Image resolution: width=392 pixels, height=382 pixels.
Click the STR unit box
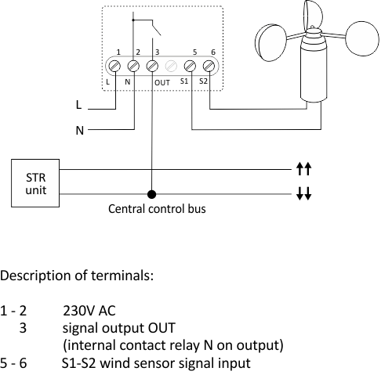click(x=35, y=183)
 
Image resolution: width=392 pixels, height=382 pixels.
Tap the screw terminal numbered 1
click(x=114, y=66)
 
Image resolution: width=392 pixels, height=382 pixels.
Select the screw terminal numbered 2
click(x=133, y=66)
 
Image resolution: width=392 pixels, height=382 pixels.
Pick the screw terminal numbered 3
click(x=152, y=66)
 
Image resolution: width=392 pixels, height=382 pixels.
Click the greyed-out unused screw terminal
click(x=171, y=66)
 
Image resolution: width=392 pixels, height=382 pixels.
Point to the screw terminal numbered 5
click(x=190, y=66)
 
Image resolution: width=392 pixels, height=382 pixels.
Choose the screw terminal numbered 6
click(x=209, y=66)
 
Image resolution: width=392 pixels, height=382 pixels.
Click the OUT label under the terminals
click(x=162, y=83)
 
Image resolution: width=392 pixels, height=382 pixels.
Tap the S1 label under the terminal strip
click(x=184, y=81)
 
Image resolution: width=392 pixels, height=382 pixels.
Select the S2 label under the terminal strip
click(x=203, y=81)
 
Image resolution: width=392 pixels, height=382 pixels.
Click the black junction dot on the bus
click(x=152, y=194)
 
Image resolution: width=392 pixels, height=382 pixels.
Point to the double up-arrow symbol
click(x=303, y=168)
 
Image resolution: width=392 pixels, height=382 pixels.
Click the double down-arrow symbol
click(x=303, y=193)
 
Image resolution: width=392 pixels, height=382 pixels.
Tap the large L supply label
click(x=78, y=105)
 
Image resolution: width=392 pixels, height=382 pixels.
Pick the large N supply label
click(x=80, y=130)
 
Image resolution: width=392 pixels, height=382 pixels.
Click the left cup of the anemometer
click(x=270, y=42)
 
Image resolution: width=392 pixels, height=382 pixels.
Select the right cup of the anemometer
click(x=362, y=38)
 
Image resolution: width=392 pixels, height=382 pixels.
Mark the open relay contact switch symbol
click(x=156, y=27)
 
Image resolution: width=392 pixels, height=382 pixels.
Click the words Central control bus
click(x=157, y=209)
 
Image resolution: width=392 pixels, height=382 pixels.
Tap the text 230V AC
click(x=89, y=311)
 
